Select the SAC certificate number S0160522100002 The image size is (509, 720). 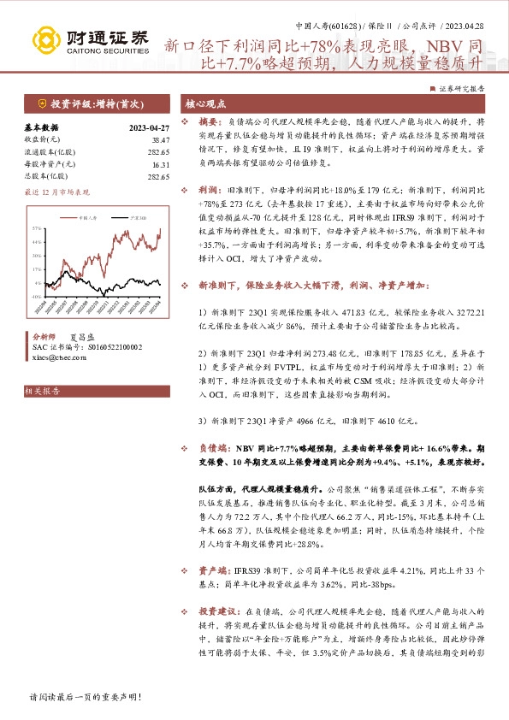[x=106, y=346]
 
